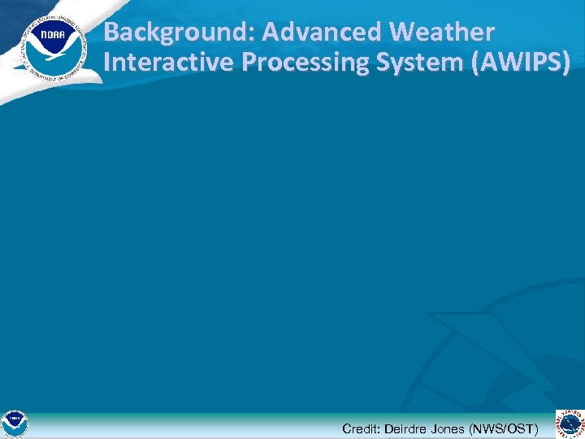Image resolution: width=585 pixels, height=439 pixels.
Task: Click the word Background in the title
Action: (x=165, y=33)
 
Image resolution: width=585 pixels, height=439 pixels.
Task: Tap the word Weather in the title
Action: (x=442, y=33)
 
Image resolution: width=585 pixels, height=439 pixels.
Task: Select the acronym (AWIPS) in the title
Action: (x=520, y=63)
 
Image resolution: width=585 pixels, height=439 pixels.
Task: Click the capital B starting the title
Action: (x=112, y=33)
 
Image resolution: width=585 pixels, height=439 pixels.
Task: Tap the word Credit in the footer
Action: (x=359, y=428)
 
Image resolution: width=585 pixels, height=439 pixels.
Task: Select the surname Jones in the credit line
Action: (x=450, y=428)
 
